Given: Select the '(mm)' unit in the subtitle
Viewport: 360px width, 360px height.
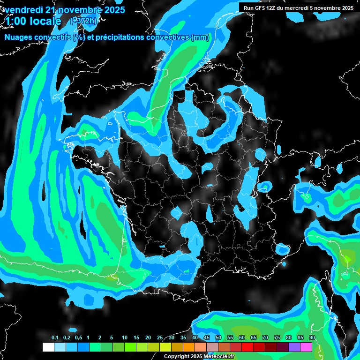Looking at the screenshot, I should (x=200, y=37).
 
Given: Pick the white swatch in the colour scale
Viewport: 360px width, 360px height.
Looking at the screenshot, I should (x=48, y=347).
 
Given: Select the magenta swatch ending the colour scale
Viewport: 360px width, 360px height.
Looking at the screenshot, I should (x=306, y=347).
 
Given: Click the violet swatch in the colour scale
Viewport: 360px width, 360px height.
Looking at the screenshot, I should (x=294, y=347).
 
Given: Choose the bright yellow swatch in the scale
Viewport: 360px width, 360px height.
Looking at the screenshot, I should (x=165, y=347).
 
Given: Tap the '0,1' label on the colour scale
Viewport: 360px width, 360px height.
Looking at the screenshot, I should (x=55, y=338).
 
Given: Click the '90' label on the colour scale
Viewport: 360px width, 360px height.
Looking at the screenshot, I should (x=312, y=338).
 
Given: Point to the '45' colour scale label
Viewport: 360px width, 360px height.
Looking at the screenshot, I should (x=207, y=338).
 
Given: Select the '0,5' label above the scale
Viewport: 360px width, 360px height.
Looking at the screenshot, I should (x=78, y=338).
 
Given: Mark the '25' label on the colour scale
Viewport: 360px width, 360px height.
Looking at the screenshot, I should (x=160, y=338).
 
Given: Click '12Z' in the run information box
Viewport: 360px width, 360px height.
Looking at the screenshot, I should (x=275, y=8).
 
